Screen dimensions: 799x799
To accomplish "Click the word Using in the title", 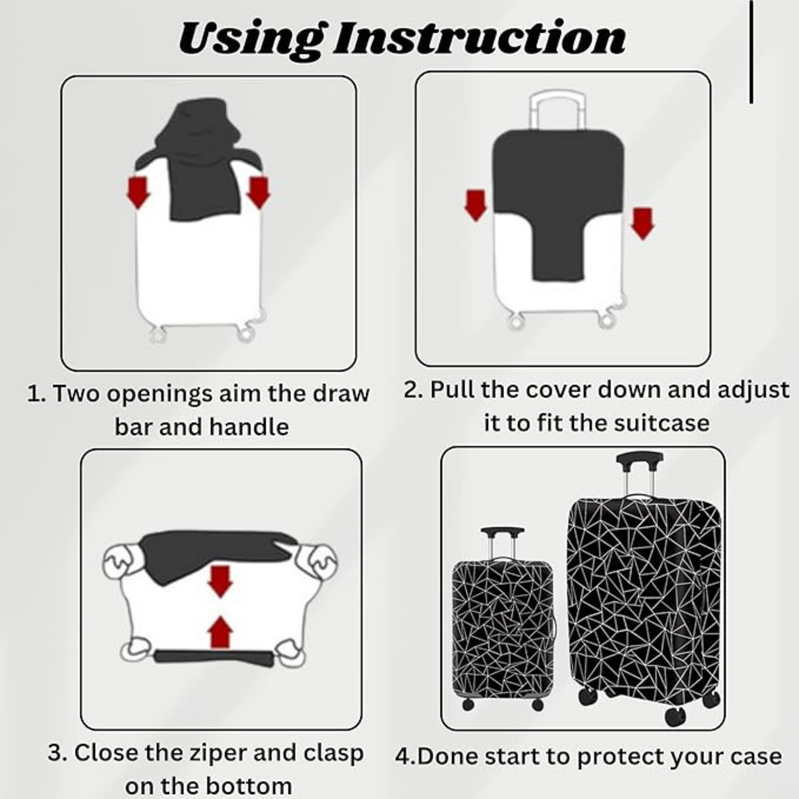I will (250, 39).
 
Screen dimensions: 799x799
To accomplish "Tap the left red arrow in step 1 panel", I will (138, 192).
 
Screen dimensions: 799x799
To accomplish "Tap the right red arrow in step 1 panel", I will (258, 192).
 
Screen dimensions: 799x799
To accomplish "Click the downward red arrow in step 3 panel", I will (220, 582).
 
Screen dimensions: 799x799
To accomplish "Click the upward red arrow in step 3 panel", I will (221, 633).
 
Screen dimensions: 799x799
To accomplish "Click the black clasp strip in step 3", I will (213, 657).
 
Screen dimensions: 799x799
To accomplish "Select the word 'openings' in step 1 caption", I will (159, 394).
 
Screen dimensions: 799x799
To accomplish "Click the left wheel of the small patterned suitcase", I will (468, 704).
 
